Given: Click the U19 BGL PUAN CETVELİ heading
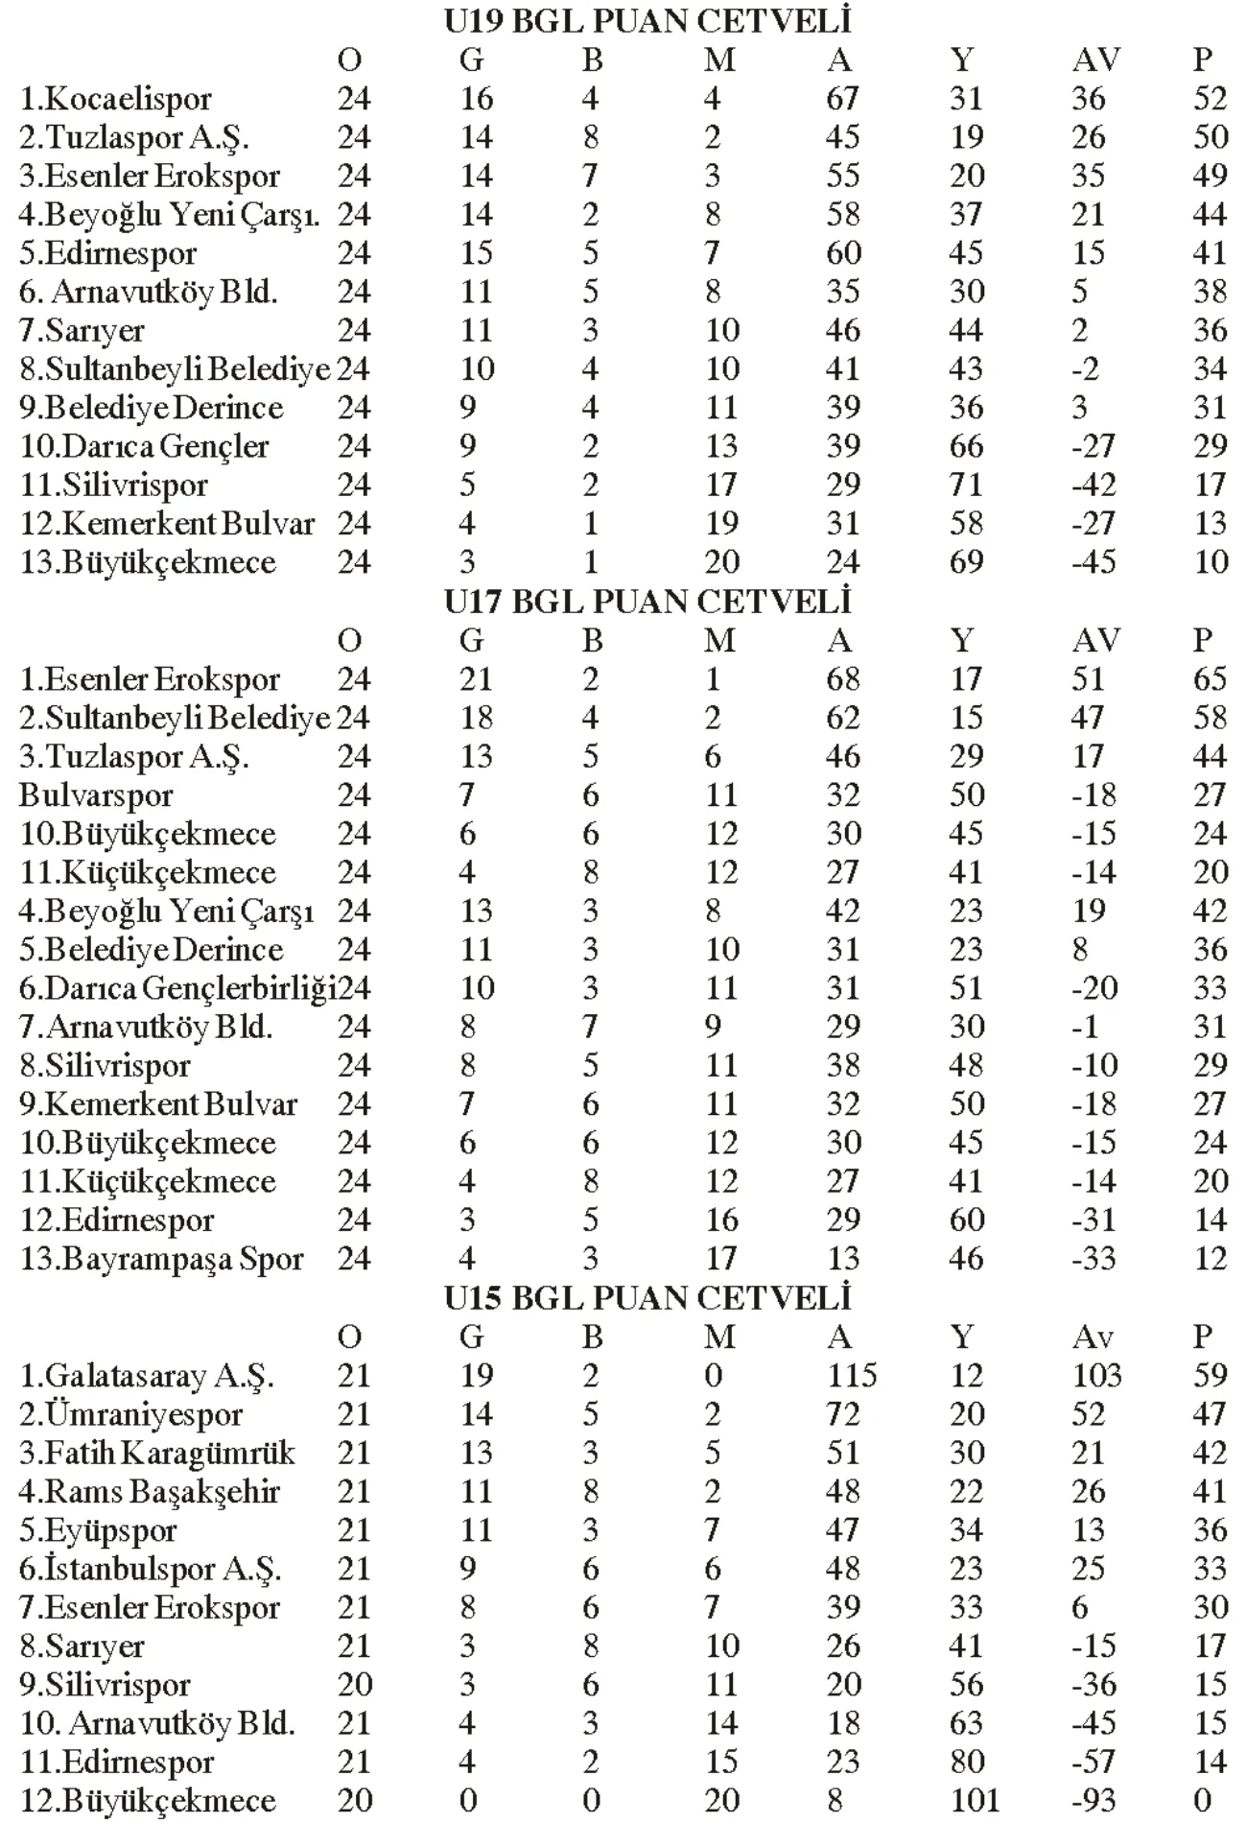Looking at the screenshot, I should (x=647, y=21).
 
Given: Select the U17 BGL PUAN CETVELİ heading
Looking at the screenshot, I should (x=647, y=602).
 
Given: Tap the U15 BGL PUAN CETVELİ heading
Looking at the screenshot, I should (x=647, y=1298).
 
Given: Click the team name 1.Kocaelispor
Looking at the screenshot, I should (x=116, y=99).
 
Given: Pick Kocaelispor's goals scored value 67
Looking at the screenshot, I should (x=843, y=99).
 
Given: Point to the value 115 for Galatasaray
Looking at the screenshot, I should (x=852, y=1376).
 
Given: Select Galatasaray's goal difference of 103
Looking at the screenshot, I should (x=1096, y=1376).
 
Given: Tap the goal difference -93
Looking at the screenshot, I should (x=1094, y=1801).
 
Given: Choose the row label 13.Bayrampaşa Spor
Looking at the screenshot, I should (x=162, y=1259).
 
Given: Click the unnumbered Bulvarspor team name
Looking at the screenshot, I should (x=96, y=795).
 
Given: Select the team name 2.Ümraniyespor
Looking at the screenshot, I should (x=131, y=1415).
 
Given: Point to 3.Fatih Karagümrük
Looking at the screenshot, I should (x=157, y=1454).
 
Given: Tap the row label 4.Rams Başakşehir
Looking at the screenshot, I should (x=150, y=1492).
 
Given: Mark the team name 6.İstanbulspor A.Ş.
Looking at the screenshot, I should (x=151, y=1570).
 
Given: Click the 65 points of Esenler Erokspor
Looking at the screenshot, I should (x=1210, y=679).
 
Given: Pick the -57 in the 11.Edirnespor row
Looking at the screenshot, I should (x=1094, y=1763).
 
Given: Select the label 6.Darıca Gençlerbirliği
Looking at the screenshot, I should (x=177, y=988).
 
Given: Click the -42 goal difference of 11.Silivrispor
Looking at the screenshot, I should (x=1094, y=485).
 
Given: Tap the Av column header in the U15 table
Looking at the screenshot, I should (x=1095, y=1337).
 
